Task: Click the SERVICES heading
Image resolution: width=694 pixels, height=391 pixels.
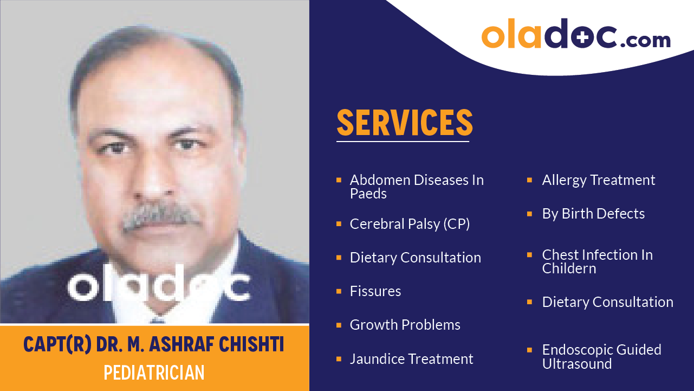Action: tap(405, 123)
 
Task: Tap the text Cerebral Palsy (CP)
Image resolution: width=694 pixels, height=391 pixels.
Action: tap(410, 224)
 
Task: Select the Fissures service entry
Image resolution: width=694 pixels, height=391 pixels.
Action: tap(375, 291)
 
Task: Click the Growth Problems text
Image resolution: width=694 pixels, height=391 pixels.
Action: tap(405, 325)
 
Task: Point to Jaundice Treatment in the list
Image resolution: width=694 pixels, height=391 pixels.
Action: tap(411, 359)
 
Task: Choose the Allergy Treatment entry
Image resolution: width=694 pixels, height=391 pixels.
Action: tap(599, 180)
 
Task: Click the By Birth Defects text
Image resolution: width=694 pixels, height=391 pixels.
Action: tap(593, 214)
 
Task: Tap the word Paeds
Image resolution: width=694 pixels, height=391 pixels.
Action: tap(368, 194)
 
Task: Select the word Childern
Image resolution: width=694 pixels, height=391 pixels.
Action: tap(569, 268)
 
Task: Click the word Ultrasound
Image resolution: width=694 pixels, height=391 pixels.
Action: tap(577, 364)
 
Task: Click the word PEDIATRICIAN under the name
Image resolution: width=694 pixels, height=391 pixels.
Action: tap(154, 373)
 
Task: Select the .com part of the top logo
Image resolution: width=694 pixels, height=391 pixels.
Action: tap(645, 40)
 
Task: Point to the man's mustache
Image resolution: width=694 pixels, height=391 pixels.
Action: tap(161, 217)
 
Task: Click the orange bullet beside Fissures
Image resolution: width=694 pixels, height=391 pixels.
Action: tap(339, 291)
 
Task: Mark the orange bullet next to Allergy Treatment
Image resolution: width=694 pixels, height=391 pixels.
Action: tap(530, 180)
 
